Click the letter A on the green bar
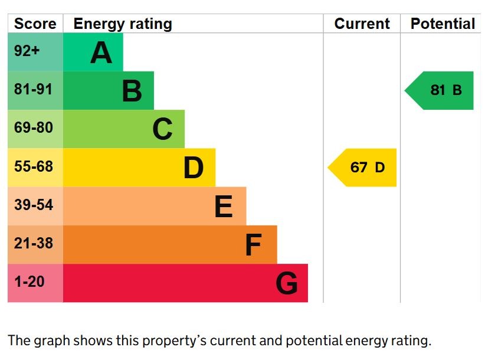[x=101, y=53]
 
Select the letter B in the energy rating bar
[x=132, y=91]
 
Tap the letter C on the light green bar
[x=162, y=130]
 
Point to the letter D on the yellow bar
[x=193, y=168]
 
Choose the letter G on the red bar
[x=287, y=284]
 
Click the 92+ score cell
[x=27, y=51]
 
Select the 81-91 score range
[x=34, y=90]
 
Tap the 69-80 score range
[x=34, y=127]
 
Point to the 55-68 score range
[x=34, y=166]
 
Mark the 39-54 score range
[x=34, y=205]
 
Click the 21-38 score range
[x=34, y=243]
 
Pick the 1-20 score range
[x=30, y=282]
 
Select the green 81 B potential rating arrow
[x=441, y=90]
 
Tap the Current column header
[x=362, y=24]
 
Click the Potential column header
[x=443, y=24]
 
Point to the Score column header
[x=35, y=24]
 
